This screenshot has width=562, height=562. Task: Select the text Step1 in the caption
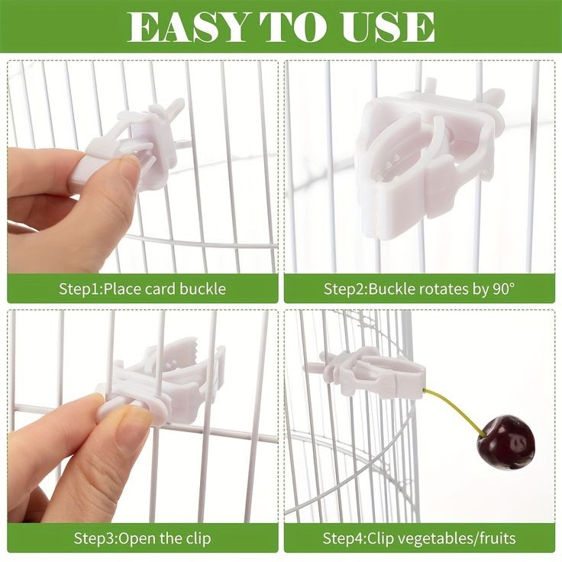[x=79, y=289]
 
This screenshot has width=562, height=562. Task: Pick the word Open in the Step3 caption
[x=135, y=538]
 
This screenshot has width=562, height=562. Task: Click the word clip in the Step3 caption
[x=196, y=538]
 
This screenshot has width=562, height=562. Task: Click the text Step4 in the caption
[x=344, y=538]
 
